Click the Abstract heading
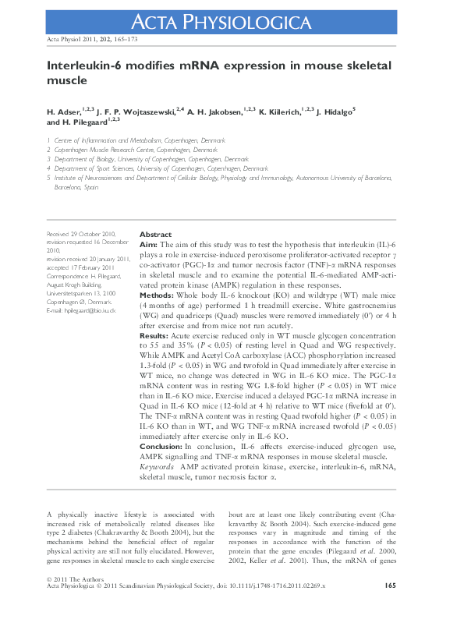[155, 235]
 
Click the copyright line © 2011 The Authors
[73, 578]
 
